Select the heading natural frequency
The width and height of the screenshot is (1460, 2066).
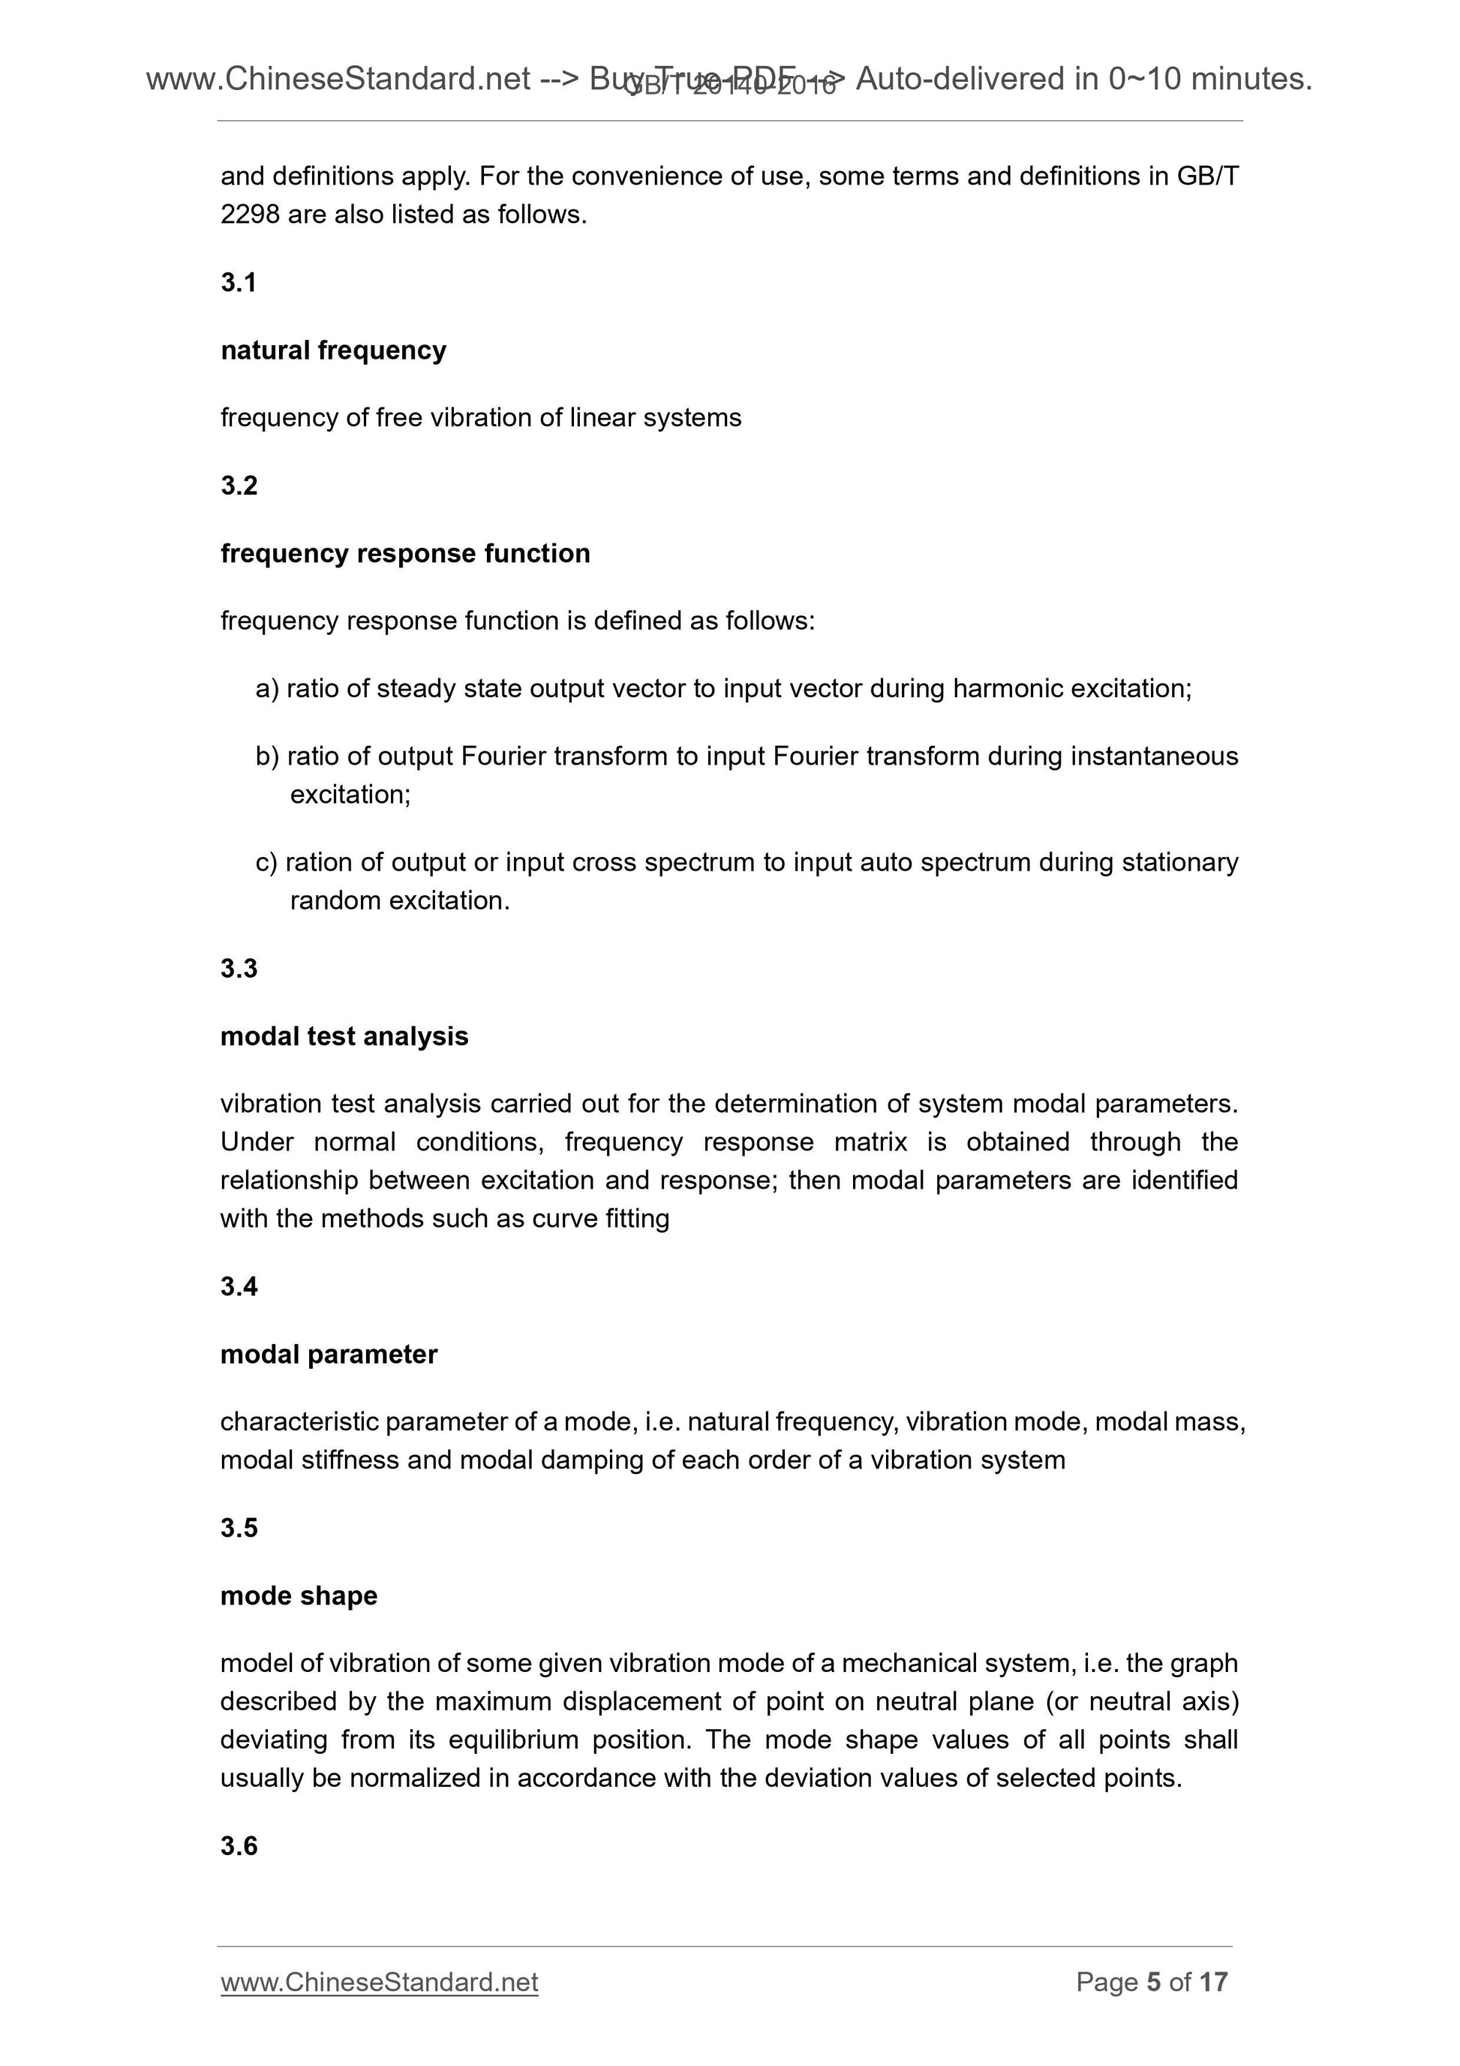tap(333, 350)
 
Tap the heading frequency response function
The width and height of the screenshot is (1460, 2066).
tap(405, 553)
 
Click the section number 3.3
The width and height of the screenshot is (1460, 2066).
tap(239, 968)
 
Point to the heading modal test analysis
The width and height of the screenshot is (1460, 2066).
tap(344, 1036)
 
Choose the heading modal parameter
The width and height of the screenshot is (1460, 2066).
tap(329, 1355)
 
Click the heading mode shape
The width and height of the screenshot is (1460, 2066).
tap(299, 1595)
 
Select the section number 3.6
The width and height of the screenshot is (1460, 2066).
tap(239, 1845)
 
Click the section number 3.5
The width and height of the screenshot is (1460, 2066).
tap(239, 1528)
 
